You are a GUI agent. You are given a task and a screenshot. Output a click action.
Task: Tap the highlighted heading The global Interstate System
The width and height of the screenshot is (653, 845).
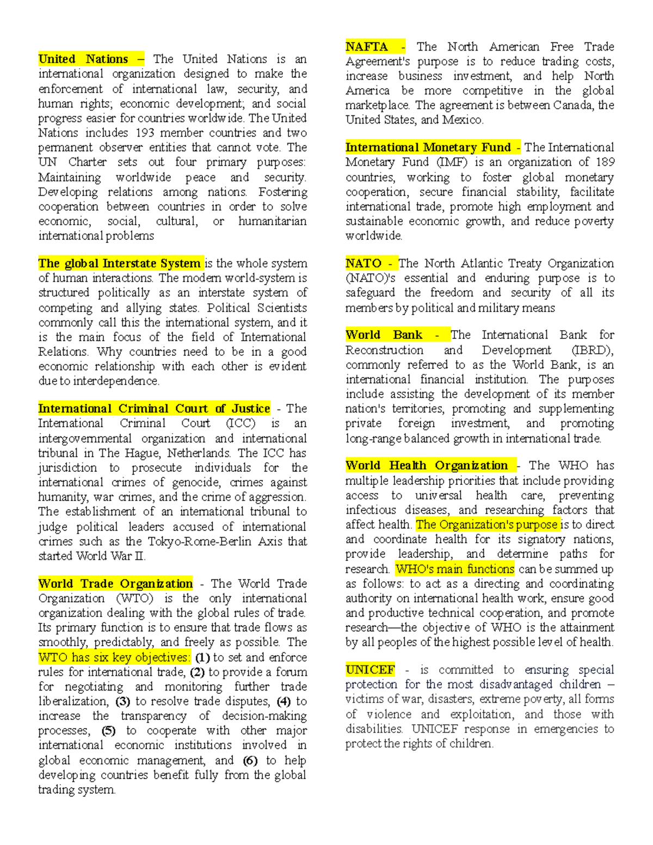tap(120, 263)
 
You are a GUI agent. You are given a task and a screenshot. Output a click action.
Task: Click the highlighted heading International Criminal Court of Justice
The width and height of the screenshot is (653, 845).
tap(154, 409)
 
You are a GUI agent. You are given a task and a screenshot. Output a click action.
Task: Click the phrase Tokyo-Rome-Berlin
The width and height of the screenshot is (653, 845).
tap(200, 541)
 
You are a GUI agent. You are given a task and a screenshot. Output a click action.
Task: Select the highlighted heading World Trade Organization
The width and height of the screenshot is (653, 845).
tap(115, 584)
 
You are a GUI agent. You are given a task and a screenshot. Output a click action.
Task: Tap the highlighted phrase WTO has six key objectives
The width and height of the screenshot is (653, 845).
tap(114, 657)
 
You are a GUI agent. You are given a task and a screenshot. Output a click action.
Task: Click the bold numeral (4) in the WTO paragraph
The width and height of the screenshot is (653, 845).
tap(284, 701)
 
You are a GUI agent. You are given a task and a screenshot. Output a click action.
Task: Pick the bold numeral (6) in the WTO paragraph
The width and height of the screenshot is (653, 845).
tap(250, 761)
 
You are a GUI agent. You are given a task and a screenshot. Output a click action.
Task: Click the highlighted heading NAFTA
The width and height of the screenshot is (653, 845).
tap(367, 47)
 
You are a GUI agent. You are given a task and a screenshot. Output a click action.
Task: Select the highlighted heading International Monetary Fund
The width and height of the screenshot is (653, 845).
tap(428, 147)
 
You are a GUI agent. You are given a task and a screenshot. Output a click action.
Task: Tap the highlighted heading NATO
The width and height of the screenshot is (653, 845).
tap(364, 263)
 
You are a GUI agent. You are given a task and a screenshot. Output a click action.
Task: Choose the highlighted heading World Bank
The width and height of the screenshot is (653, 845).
tap(384, 335)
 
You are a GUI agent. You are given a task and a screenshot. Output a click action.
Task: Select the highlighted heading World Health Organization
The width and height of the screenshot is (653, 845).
tap(427, 466)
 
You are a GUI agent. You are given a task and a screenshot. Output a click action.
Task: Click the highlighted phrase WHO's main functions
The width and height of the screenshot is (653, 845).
tap(454, 569)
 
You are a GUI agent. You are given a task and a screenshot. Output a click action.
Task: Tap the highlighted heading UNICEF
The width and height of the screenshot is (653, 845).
tap(370, 670)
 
